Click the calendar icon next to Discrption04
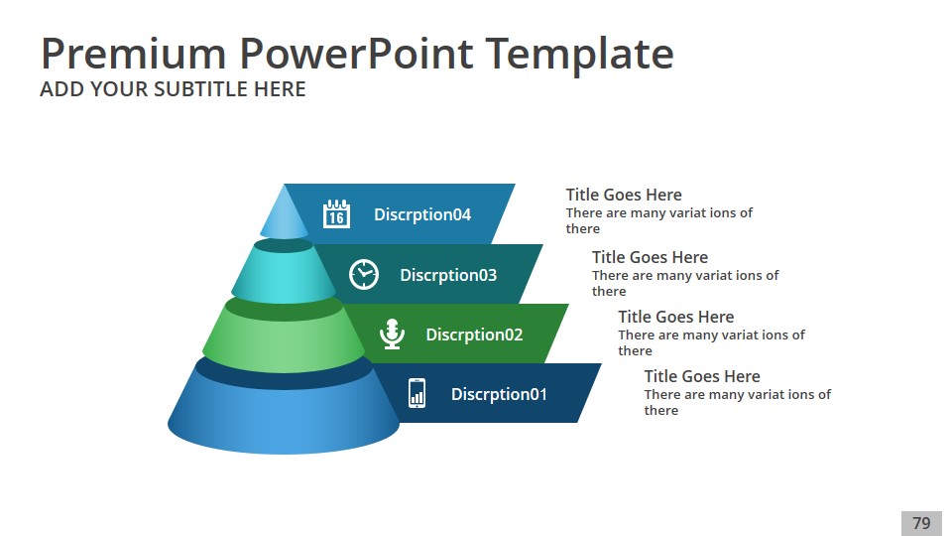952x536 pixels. coord(336,213)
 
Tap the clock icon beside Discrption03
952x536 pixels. coord(364,274)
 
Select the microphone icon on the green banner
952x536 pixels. coord(392,334)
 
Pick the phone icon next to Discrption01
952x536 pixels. coord(416,393)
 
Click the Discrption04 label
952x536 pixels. coord(422,214)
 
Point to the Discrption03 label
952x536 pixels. coord(448,275)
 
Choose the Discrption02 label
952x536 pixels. coord(474,335)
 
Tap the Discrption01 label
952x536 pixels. coord(499,394)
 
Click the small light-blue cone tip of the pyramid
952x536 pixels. coord(284,215)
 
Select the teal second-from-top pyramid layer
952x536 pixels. coord(284,274)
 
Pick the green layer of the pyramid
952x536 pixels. coord(284,337)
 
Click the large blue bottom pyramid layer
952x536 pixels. coord(284,413)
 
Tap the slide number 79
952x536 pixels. coord(921,523)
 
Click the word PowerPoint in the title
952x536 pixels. coord(356,54)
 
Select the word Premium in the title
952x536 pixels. coord(134,54)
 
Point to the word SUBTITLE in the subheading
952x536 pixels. coord(199,89)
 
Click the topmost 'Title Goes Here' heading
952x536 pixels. coord(624,195)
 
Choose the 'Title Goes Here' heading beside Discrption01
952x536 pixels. coord(702,376)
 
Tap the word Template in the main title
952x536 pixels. coord(580,55)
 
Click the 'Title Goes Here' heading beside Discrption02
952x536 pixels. coord(675,317)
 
